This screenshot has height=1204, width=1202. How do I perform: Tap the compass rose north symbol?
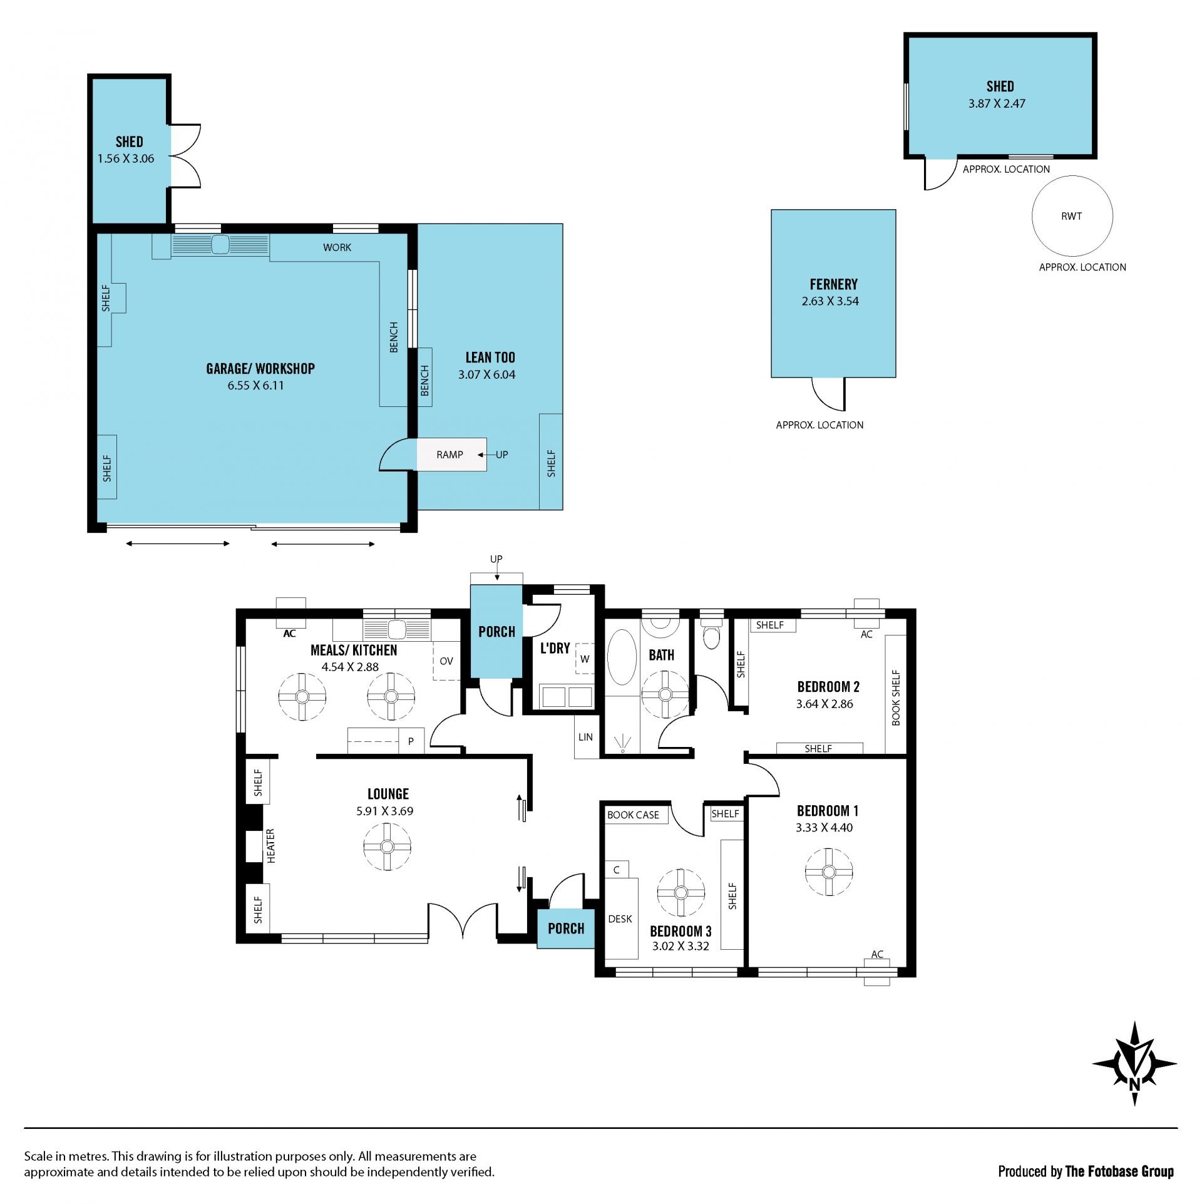1134,1064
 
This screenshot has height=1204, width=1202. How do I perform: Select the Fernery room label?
833,284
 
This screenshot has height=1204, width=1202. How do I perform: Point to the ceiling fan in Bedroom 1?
829,872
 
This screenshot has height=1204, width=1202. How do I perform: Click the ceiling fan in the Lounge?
387,846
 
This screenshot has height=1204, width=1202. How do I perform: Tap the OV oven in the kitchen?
447,661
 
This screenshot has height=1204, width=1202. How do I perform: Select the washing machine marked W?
585,658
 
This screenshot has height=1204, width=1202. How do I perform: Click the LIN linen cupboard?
586,737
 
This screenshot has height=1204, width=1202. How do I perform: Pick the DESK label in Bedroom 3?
620,919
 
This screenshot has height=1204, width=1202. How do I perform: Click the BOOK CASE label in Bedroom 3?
633,815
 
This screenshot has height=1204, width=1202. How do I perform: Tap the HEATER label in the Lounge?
271,846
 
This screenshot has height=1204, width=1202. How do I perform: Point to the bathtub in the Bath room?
622,657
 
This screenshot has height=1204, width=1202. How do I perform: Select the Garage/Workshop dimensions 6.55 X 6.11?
255,386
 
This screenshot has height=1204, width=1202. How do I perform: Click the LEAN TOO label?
490,358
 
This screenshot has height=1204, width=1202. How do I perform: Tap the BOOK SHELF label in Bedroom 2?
896,697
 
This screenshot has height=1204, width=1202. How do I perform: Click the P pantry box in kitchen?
411,741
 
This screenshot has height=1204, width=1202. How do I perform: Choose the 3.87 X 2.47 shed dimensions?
997,104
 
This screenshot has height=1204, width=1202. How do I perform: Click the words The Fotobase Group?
1119,1171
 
